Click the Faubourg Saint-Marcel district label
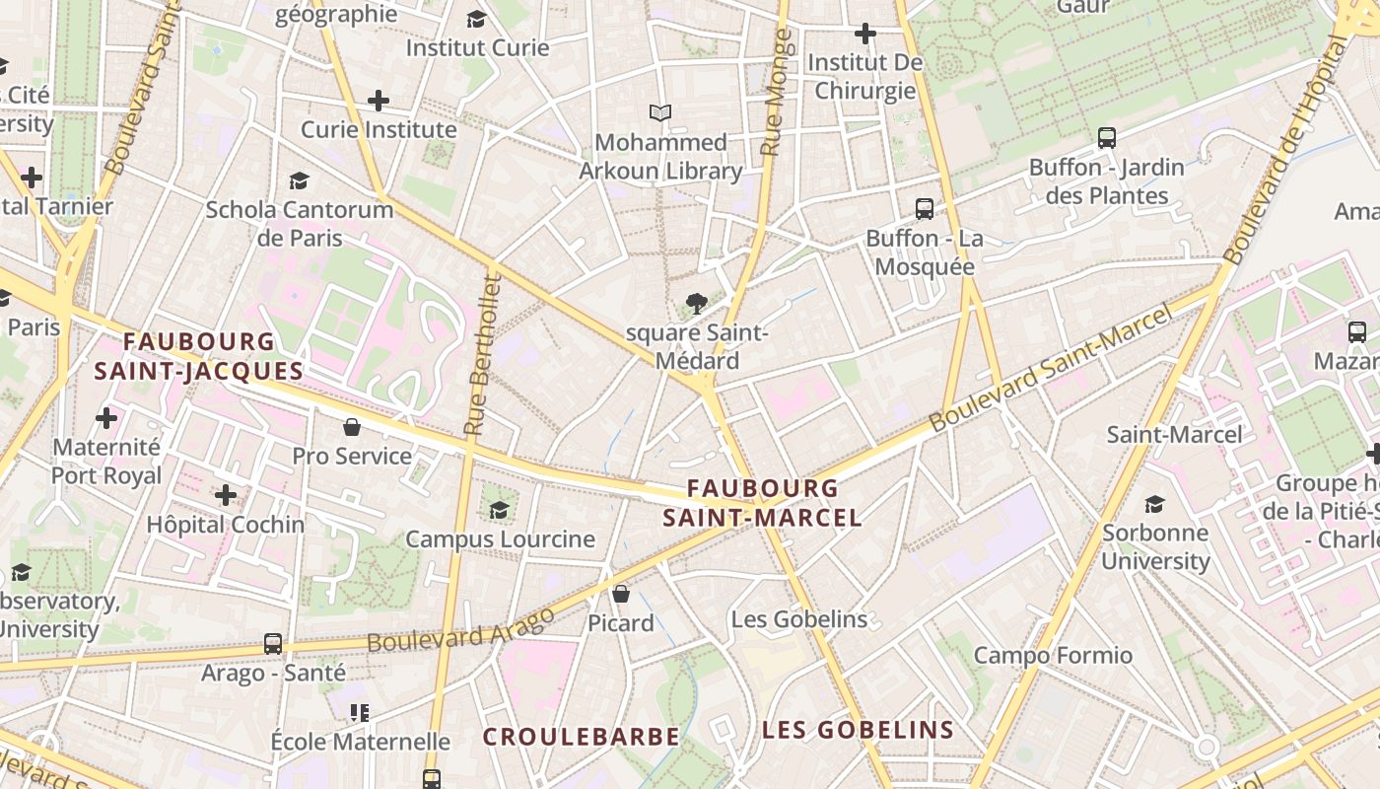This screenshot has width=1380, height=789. point(762,503)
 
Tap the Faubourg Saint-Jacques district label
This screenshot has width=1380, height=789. point(199,356)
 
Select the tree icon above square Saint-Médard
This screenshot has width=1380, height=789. point(697,303)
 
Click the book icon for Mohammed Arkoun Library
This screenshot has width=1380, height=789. point(660,113)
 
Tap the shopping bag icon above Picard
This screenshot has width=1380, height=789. point(621,594)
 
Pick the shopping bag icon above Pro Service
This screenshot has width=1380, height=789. point(351,427)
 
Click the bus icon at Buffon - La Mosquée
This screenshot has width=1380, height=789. point(925,209)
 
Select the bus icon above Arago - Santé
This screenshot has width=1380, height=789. point(273,644)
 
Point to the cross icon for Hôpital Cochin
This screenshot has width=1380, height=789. point(226,495)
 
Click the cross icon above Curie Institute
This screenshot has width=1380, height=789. point(379,101)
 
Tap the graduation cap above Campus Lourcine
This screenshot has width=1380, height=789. point(500,510)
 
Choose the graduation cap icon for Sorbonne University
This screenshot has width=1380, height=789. point(1154,505)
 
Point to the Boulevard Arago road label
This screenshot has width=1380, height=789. point(460,629)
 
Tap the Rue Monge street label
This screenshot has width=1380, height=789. point(778,93)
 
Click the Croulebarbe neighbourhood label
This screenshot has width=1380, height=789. point(581,737)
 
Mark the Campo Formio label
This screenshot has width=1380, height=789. point(1053,655)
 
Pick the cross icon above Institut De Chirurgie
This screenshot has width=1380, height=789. point(865,34)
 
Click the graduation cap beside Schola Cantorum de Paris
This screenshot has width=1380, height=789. point(299,180)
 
